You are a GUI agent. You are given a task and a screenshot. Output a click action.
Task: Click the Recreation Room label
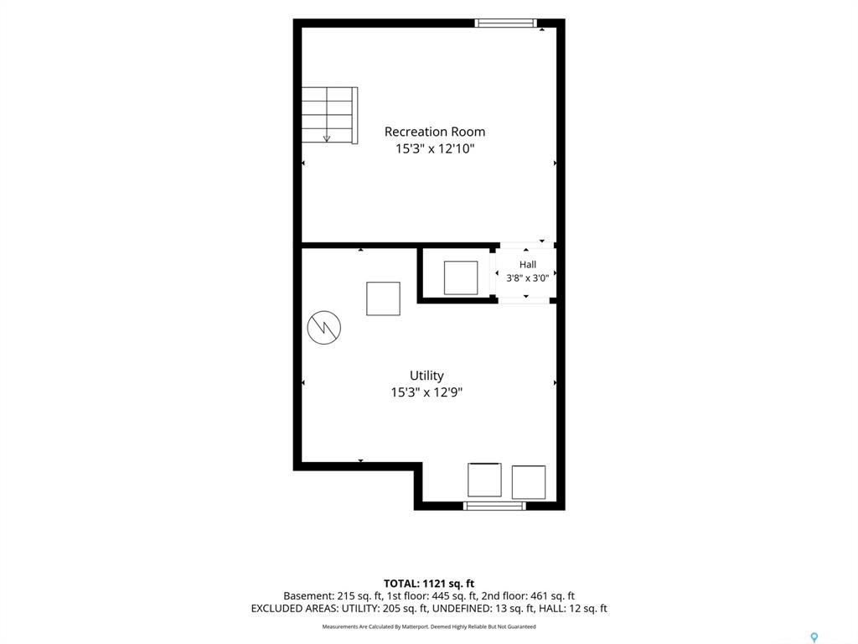435,132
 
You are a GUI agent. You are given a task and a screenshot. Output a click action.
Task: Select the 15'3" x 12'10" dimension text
435,148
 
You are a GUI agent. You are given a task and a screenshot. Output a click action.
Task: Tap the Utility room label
426,376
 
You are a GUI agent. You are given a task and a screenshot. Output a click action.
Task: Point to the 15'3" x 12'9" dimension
426,392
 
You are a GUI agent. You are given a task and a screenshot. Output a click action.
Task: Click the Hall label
528,264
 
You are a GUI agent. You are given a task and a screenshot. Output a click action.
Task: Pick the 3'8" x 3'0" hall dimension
528,278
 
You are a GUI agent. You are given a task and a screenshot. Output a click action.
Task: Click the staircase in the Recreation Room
329,116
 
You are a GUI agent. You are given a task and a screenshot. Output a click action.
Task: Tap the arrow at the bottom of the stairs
327,138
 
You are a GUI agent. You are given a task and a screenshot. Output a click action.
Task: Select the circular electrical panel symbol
324,328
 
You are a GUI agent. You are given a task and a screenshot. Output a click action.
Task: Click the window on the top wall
505,23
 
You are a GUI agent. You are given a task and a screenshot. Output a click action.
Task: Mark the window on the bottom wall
494,506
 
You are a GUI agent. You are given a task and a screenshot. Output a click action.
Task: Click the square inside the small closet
461,278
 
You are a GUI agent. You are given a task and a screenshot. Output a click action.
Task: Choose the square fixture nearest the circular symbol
383,299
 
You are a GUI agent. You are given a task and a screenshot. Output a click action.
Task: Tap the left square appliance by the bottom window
484,480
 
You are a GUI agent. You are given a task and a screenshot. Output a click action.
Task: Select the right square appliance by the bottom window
529,482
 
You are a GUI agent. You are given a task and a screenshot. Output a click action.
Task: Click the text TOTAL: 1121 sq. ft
429,584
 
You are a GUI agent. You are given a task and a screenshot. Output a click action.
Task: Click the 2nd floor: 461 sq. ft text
528,596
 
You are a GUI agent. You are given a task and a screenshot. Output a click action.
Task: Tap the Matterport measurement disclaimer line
429,626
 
